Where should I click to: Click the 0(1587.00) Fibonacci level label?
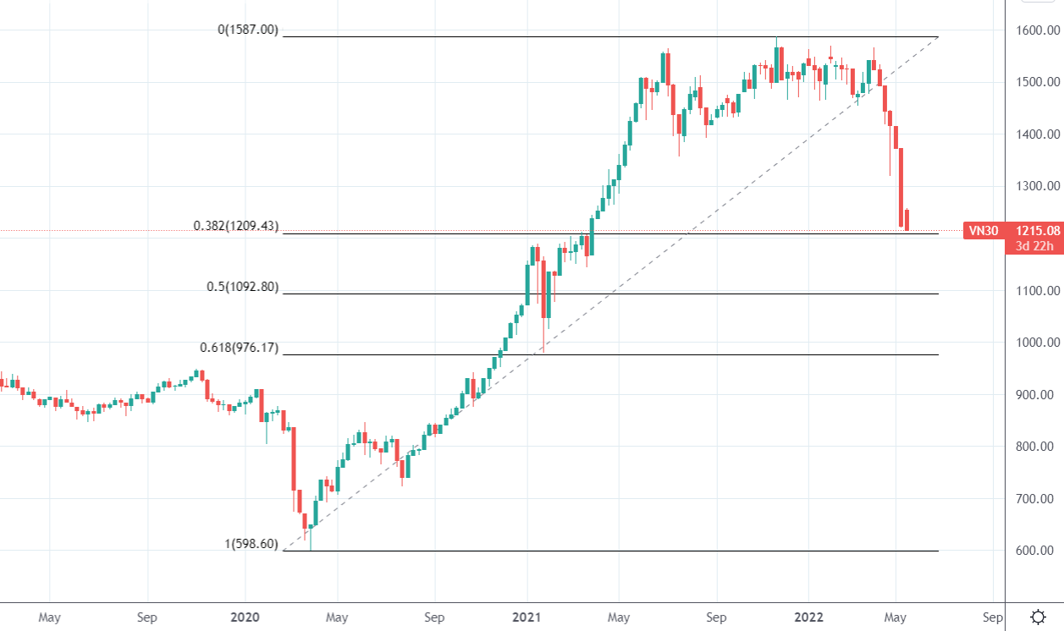248,30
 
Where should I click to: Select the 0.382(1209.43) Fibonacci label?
236,226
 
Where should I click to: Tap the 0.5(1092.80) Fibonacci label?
242,287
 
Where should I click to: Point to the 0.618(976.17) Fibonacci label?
239,348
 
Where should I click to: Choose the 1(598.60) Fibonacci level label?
251,544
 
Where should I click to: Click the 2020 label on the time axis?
245,617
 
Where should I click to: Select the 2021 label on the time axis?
526,617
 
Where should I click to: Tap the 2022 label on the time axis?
808,617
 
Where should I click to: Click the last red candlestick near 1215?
907,220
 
